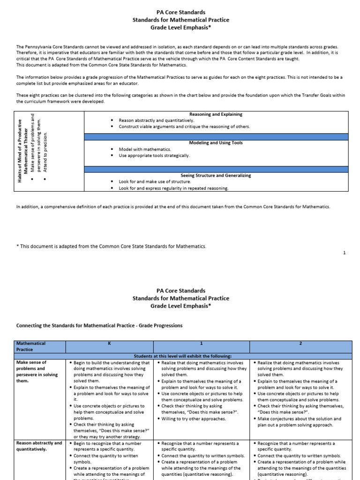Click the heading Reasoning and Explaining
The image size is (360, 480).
(216, 114)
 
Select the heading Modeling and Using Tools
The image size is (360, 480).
(216, 143)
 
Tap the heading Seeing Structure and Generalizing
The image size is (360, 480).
(216, 175)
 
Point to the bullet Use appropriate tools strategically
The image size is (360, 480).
(154, 156)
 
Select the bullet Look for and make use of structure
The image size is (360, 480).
(155, 181)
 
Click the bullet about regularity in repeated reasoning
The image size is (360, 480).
(173, 188)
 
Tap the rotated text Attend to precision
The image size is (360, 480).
(45, 151)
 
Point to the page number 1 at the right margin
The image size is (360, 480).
(344, 253)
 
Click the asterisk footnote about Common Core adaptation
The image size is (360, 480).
(111, 246)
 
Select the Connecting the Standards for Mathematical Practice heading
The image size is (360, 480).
(99, 325)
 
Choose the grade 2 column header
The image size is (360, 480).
(300, 344)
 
